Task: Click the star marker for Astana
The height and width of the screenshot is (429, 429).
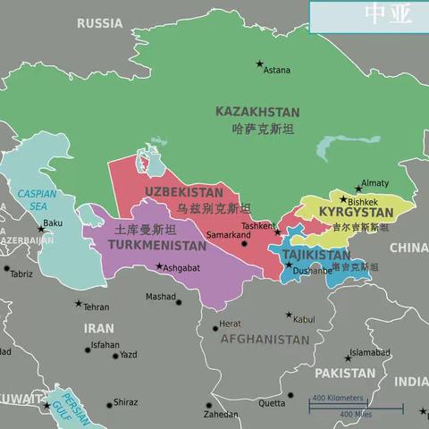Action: (260, 64)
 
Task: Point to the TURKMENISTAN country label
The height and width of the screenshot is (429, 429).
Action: (156, 245)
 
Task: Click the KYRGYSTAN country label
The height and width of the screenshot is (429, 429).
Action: (357, 214)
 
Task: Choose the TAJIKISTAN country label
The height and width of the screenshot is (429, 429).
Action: (316, 255)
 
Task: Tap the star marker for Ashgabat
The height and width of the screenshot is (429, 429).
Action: (160, 266)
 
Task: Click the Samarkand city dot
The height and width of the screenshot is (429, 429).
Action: (244, 243)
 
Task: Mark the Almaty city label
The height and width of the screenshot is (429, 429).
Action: (375, 182)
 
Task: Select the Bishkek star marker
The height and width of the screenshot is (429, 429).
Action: (342, 199)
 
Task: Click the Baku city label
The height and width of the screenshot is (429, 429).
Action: (53, 223)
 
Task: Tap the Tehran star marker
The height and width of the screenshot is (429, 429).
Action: (78, 304)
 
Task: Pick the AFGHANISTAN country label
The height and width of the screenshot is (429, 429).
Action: (265, 340)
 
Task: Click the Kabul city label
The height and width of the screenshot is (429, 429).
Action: (304, 319)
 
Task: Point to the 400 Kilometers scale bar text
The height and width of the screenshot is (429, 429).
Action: (338, 398)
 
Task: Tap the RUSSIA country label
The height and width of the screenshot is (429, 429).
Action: (99, 23)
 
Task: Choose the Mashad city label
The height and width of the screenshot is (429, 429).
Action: (161, 297)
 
